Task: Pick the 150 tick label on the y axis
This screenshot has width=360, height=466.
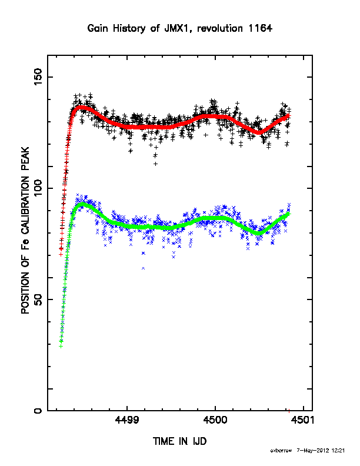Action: tap(38, 76)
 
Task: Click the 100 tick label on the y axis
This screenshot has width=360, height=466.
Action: tap(38, 188)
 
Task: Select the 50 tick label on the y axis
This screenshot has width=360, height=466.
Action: tap(38, 299)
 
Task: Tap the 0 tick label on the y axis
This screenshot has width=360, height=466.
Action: tap(38, 411)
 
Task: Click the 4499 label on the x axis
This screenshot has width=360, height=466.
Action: tap(127, 420)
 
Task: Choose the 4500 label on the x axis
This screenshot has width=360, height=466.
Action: tap(215, 420)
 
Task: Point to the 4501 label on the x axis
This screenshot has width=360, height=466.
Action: tap(303, 420)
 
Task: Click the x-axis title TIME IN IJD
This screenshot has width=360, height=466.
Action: tap(179, 441)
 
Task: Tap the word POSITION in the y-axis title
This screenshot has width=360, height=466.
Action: tap(25, 293)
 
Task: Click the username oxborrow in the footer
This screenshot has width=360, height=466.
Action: tap(281, 451)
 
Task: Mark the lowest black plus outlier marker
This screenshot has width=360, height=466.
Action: tap(155, 164)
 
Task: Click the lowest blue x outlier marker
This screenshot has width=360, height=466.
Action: tap(143, 268)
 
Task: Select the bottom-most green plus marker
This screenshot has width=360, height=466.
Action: tap(61, 346)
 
